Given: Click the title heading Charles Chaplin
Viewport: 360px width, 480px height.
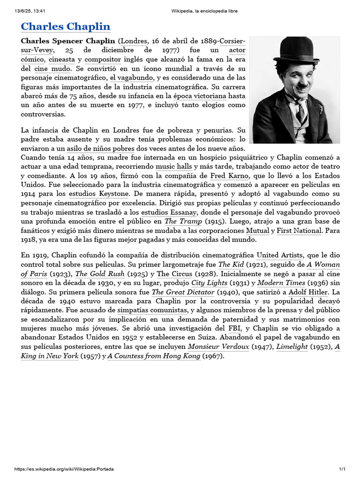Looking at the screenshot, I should tap(66, 26).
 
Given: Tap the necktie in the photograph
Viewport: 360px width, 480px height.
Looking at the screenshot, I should tap(299, 112).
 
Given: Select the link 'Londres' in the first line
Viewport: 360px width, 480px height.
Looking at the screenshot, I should tap(135, 41).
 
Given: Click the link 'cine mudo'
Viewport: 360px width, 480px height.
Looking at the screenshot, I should tap(52, 69).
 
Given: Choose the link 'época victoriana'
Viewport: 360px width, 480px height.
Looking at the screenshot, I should tap(200, 96).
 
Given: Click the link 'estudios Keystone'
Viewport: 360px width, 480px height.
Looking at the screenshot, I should tap(98, 194).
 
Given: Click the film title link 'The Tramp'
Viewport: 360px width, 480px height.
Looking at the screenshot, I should tap(183, 221).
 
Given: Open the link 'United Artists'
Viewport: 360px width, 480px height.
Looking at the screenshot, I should tap(280, 255).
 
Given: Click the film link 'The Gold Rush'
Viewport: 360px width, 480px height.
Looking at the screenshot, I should tap(100, 274).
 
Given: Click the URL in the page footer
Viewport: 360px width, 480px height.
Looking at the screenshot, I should tap(64, 469).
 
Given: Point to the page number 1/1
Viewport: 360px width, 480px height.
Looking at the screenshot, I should tap(342, 469).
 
